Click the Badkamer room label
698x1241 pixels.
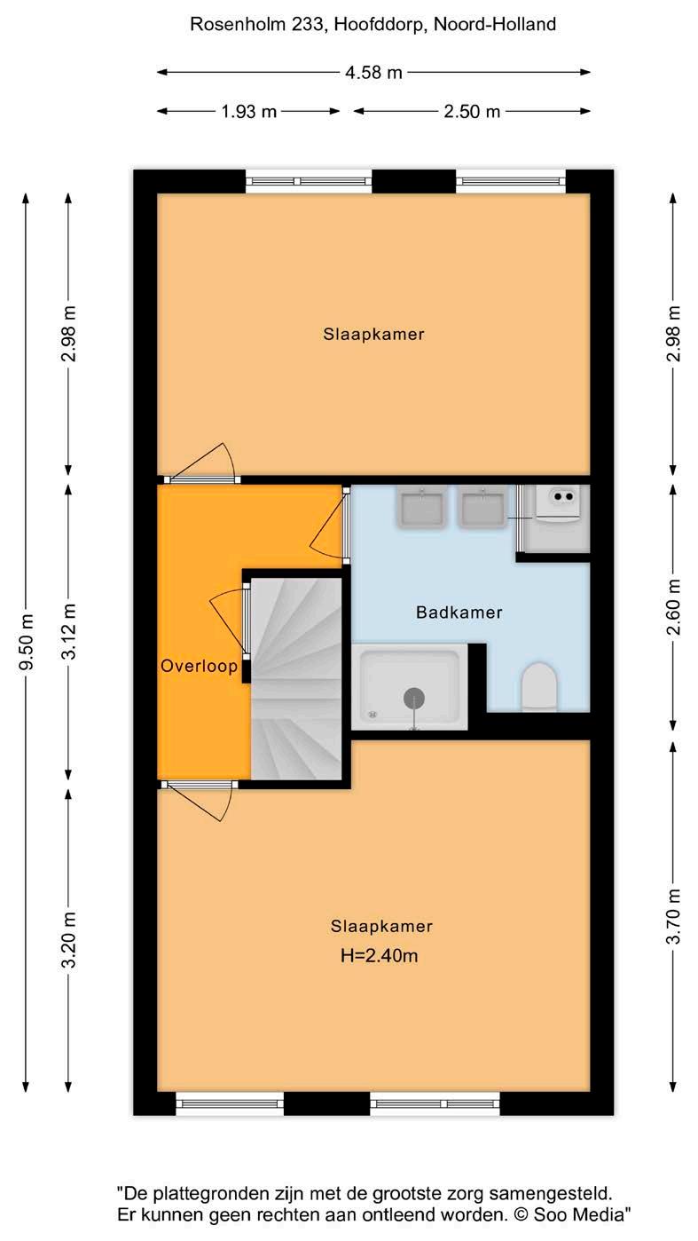click(459, 613)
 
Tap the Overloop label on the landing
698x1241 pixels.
click(200, 666)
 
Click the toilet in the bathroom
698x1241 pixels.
click(538, 686)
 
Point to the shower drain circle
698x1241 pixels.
click(414, 698)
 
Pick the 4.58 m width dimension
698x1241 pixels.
click(373, 73)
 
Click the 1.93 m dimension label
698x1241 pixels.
click(248, 111)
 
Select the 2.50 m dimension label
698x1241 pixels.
click(472, 111)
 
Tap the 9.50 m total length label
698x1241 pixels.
click(26, 642)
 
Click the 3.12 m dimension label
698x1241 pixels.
click(68, 631)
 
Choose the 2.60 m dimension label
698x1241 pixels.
click(673, 607)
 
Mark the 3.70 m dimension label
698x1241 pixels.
click(673, 916)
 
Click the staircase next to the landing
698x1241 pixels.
click(296, 679)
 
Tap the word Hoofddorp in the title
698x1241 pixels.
click(380, 24)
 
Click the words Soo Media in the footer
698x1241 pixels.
click(578, 1214)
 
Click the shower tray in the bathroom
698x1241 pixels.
click(410, 687)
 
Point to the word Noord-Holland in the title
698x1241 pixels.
click(495, 24)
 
